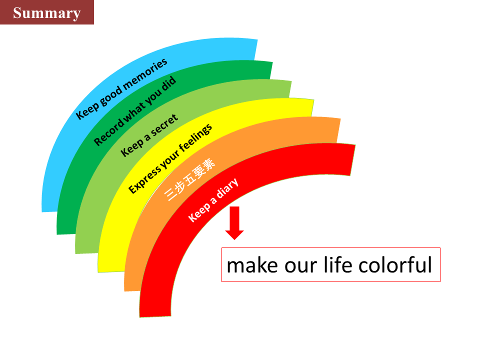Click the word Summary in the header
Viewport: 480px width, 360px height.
coord(47,13)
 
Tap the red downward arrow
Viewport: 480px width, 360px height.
coord(234,223)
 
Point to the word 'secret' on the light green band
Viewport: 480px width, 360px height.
coord(164,125)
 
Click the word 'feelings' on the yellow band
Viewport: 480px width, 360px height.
coord(195,138)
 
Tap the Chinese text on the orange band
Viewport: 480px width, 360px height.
coord(190,179)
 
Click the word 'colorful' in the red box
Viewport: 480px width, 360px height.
coord(395,265)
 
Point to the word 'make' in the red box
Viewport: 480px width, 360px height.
coord(252,265)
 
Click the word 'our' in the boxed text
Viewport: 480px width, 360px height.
coord(300,267)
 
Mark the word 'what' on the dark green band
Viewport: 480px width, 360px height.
coord(134,112)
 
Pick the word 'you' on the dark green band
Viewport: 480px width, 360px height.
coord(153,97)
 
